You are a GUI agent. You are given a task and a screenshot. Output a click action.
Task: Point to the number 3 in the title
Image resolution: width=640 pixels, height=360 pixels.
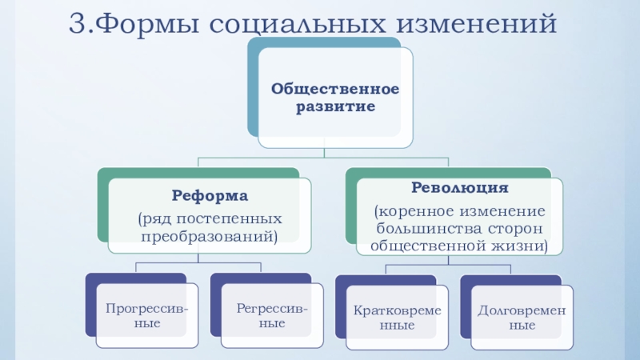(76, 23)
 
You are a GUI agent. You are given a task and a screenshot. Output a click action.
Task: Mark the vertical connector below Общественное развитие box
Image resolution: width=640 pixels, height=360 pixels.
(325, 153)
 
